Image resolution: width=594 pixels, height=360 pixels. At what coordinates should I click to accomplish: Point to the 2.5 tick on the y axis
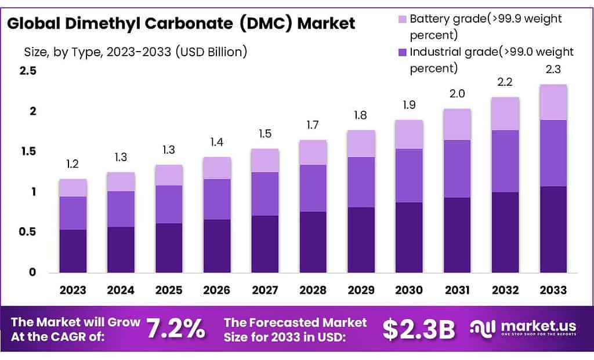point(28,71)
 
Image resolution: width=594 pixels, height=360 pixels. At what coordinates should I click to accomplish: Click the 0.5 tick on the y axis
point(28,232)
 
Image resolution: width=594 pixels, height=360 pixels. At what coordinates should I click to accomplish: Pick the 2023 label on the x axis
point(73,290)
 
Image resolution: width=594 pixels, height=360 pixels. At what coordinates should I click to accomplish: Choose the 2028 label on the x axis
point(313,290)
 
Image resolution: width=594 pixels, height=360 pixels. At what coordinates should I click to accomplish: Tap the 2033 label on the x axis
point(553,290)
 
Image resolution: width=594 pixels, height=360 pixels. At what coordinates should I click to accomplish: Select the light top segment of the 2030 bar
point(409,134)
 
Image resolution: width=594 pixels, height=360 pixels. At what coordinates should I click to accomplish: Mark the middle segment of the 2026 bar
point(216,199)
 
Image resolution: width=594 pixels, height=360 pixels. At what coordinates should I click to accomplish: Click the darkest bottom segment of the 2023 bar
point(73,251)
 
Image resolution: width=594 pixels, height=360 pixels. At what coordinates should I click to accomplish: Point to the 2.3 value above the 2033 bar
point(553,70)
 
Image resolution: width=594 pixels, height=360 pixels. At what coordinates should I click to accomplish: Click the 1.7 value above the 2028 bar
point(313,125)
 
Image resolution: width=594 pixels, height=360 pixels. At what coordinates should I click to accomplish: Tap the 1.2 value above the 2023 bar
point(73,164)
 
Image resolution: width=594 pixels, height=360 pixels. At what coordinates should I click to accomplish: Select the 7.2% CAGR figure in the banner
point(175,329)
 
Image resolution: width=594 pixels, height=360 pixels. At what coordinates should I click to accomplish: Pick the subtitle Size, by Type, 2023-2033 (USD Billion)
point(136,52)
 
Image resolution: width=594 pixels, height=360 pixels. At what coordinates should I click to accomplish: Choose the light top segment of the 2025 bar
point(168,175)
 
